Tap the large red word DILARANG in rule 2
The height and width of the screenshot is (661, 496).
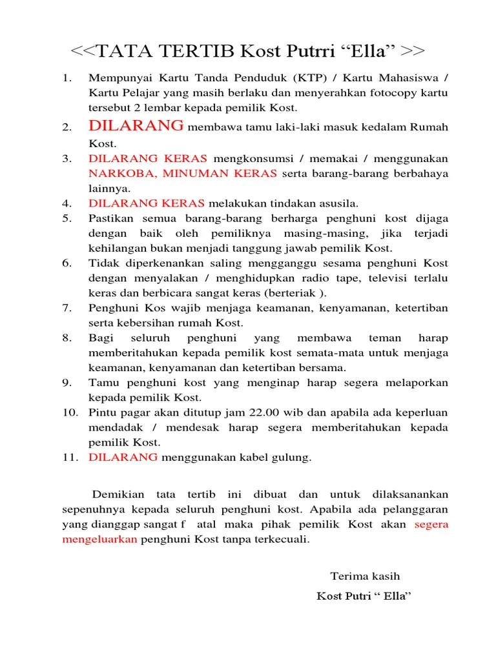click(136, 126)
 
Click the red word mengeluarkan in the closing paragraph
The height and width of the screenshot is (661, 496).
click(99, 539)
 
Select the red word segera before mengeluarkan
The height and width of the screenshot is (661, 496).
click(431, 524)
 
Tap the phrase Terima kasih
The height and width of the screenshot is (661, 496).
click(366, 576)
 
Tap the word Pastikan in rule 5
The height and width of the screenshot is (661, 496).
click(108, 218)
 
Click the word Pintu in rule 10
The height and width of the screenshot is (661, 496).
click(101, 412)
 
